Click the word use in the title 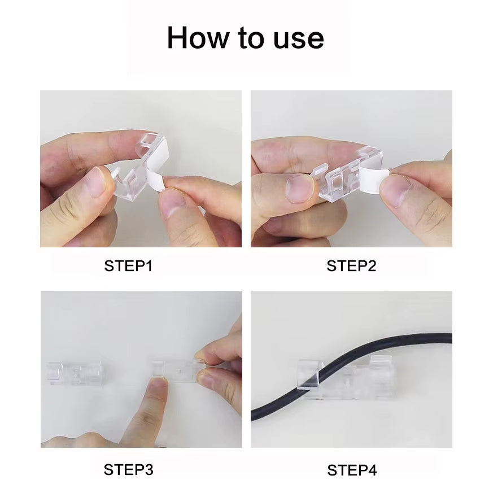point(299,38)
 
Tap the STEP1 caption point(128,266)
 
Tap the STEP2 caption point(351,266)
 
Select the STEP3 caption point(128,469)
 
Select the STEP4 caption point(352,470)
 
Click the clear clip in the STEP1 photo point(133,169)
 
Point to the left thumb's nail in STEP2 point(299,188)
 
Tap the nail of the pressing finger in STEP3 point(159,385)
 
